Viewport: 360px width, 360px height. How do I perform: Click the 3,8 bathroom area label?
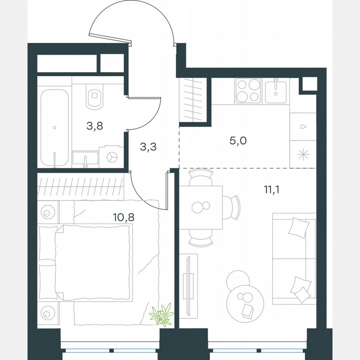coord(95,126)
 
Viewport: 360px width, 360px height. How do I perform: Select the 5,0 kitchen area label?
coord(238,140)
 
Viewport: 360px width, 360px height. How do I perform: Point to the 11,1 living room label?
coord(272,190)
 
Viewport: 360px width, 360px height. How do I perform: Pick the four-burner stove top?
coord(247,91)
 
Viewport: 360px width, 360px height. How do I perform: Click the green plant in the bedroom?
coord(162,315)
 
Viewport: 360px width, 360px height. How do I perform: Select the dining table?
coord(200,207)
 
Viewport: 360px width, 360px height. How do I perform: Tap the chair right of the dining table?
coord(233,207)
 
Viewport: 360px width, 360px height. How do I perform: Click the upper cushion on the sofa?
coord(299,228)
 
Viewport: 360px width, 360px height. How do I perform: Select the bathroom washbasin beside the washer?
coord(85,158)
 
